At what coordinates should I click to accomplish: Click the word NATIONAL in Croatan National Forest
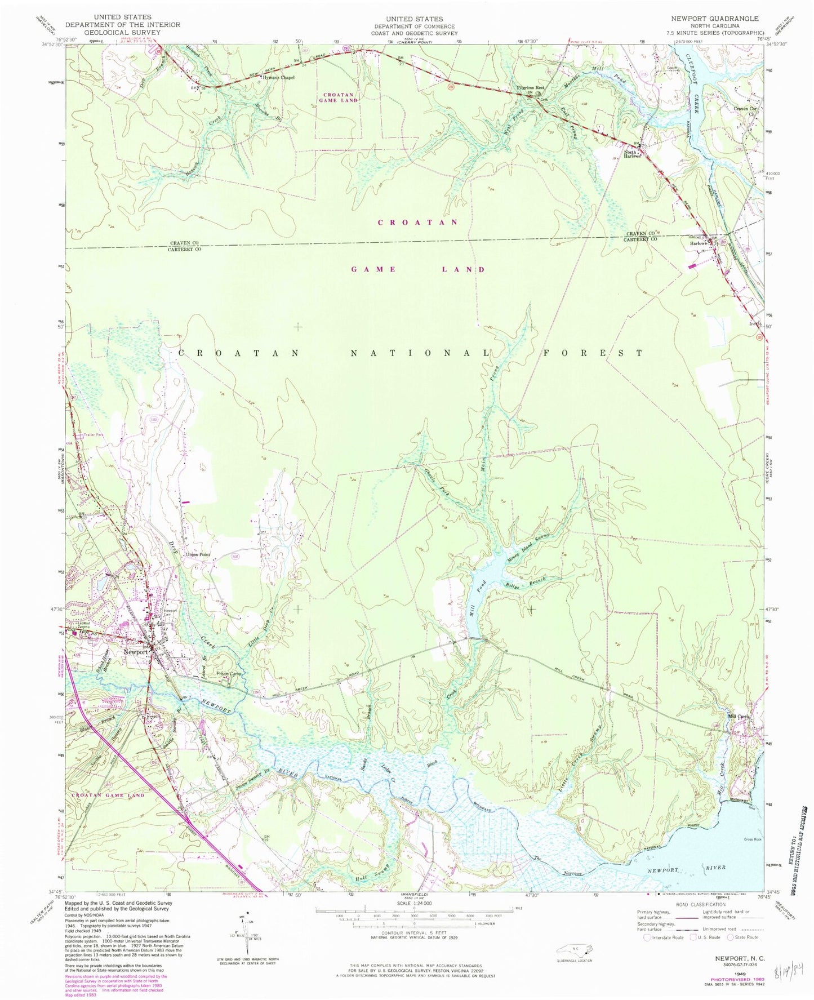point(420,353)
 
